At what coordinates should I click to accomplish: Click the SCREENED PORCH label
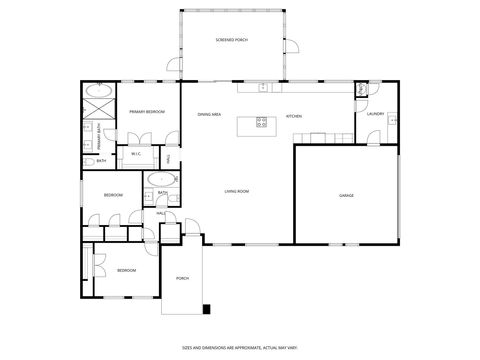[x=232, y=40]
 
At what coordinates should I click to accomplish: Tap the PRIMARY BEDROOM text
[x=147, y=113]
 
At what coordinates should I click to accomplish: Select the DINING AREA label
[x=210, y=115]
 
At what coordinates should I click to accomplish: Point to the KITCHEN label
[x=294, y=116]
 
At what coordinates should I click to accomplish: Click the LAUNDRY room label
[x=375, y=114]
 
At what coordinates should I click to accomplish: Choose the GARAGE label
[x=346, y=195]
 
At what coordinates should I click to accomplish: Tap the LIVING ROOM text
[x=236, y=190]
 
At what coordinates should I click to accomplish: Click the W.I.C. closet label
[x=135, y=153]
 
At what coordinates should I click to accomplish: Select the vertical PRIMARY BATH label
[x=98, y=132]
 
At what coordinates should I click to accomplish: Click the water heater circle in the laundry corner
[x=361, y=90]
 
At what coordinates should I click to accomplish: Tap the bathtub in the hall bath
[x=160, y=181]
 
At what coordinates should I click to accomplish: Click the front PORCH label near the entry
[x=182, y=278]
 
